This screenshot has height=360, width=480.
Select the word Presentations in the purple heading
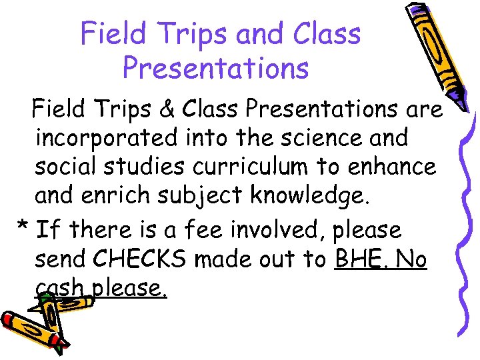216,67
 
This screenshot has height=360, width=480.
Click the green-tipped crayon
63,305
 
